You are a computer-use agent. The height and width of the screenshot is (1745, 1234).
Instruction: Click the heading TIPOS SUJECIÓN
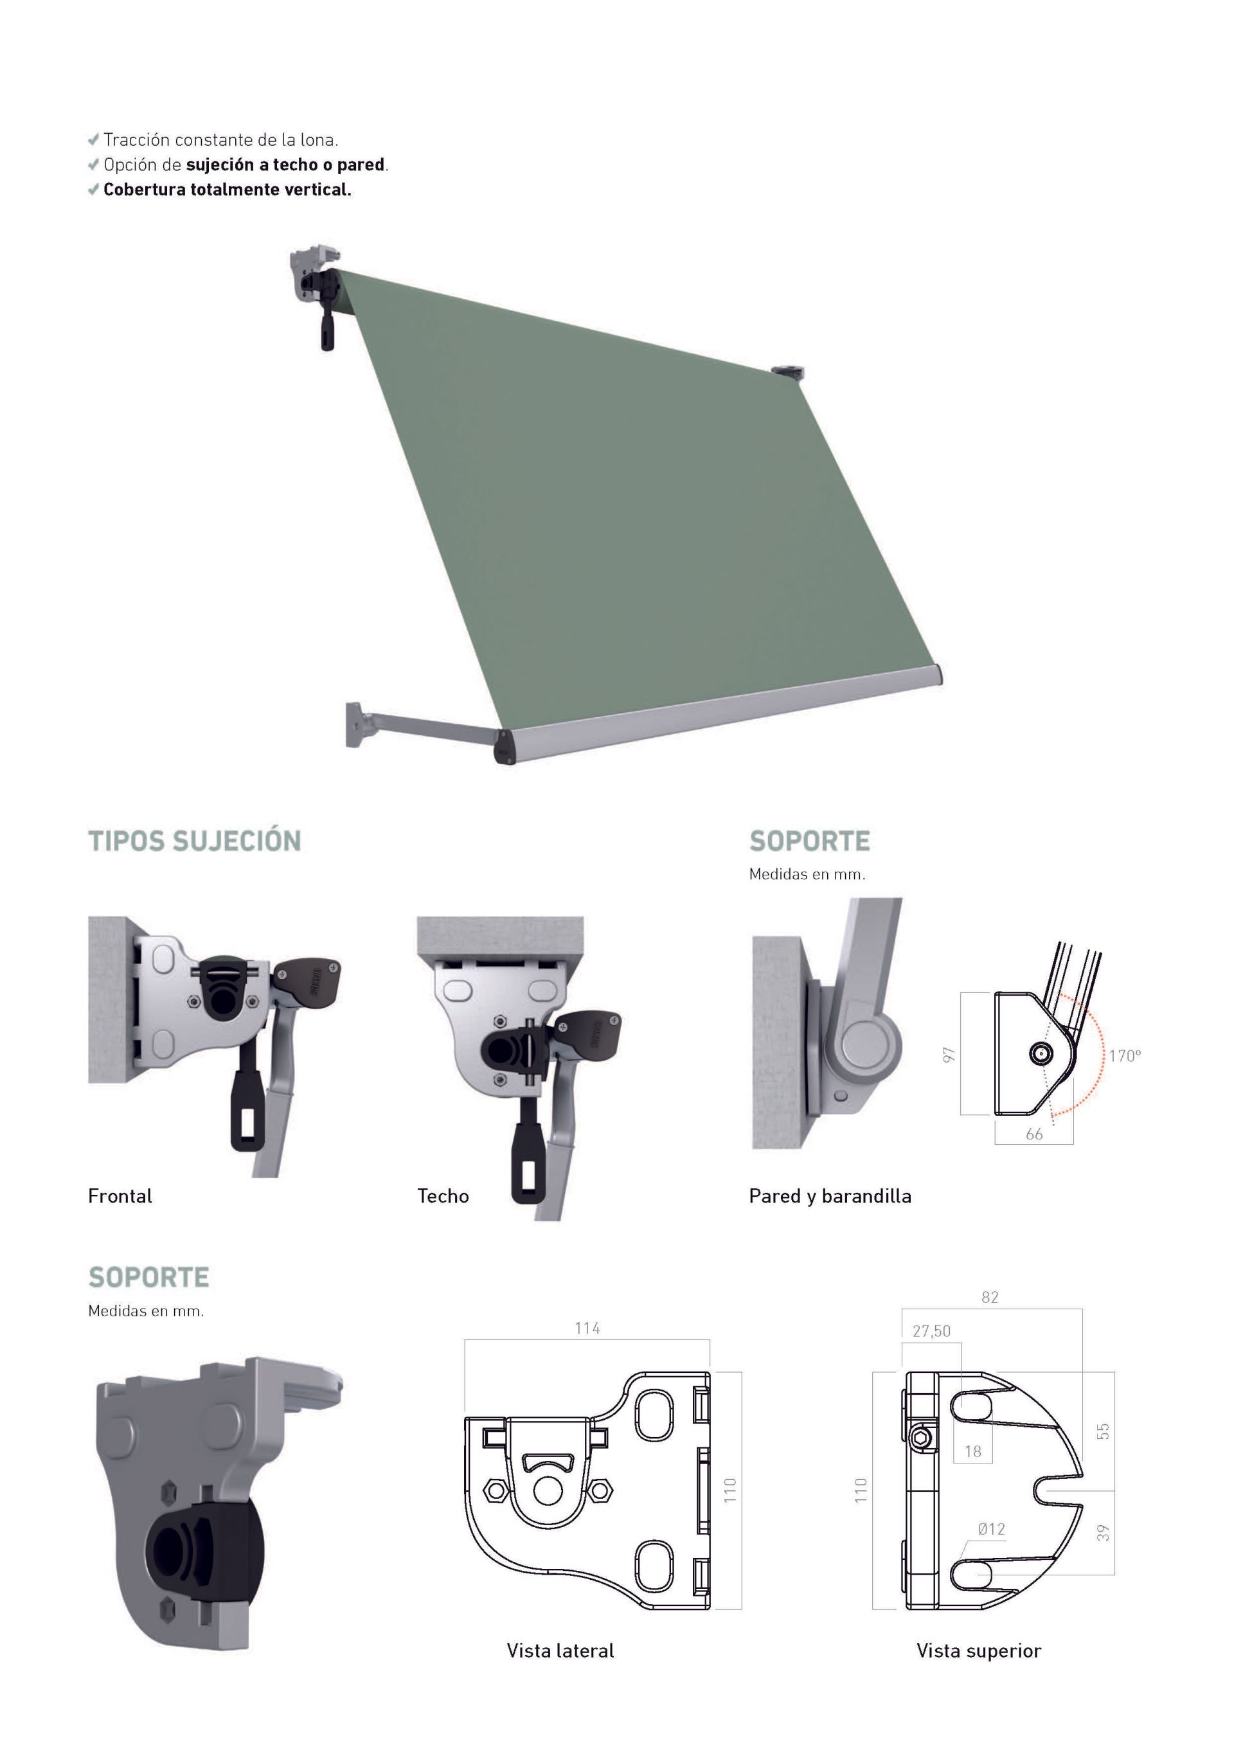(x=195, y=841)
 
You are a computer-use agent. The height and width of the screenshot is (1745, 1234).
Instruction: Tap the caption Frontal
(x=120, y=1195)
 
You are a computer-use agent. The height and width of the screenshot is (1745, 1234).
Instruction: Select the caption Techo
(x=443, y=1195)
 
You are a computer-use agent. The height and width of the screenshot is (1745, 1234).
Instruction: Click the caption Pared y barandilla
(x=830, y=1196)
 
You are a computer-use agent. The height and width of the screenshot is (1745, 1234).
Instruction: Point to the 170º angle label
(x=1125, y=1055)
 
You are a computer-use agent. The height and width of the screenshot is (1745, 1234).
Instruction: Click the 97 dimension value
(x=947, y=1055)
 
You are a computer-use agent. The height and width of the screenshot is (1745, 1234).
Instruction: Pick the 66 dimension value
(x=1034, y=1134)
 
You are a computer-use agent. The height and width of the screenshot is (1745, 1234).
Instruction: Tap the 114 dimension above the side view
(x=587, y=1328)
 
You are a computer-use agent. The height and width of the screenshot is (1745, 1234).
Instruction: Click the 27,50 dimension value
(x=931, y=1331)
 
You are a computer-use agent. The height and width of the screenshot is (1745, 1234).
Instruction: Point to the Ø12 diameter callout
(x=992, y=1529)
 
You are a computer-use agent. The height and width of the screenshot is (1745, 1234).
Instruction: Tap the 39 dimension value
(x=1104, y=1534)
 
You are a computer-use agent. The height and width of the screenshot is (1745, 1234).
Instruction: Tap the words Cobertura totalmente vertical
(x=227, y=189)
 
